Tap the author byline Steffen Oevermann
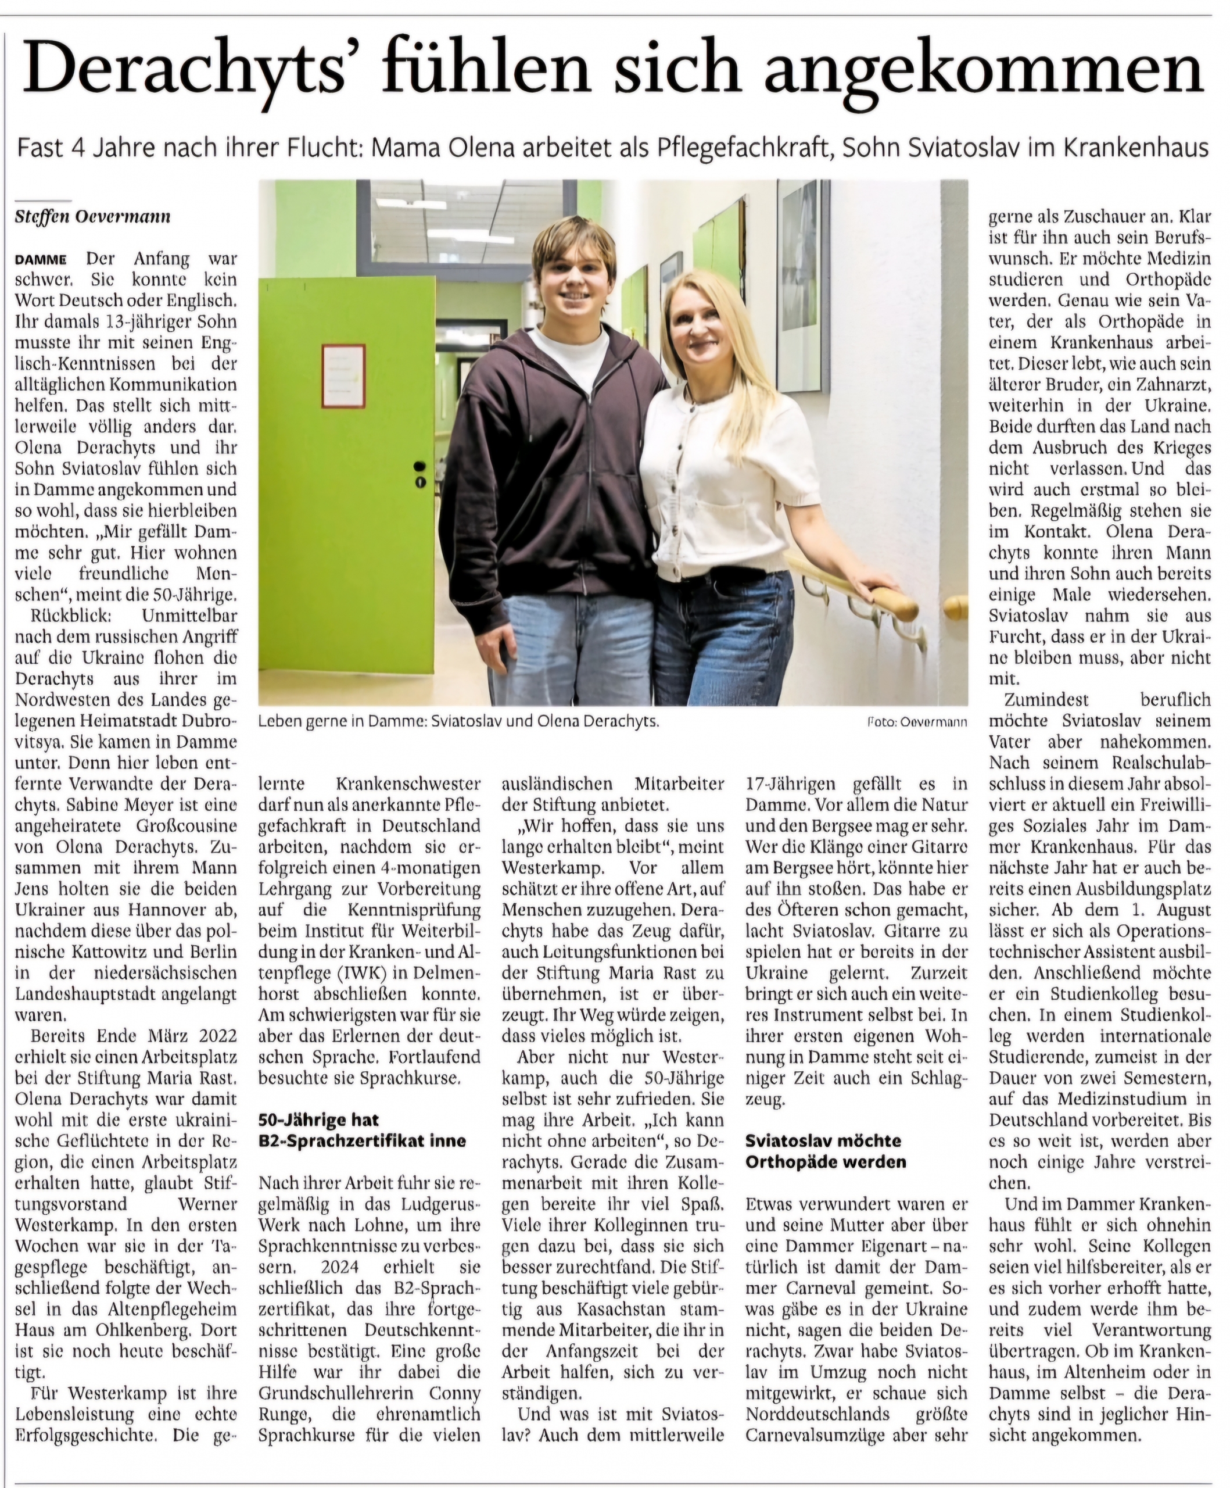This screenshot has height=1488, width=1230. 92,216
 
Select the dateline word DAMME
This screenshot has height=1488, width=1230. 41,259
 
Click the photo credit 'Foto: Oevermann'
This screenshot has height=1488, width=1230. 916,722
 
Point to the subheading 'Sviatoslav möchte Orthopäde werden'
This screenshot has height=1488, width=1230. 826,1151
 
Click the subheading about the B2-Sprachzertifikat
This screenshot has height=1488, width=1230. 362,1129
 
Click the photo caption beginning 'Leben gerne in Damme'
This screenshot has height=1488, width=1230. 458,722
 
